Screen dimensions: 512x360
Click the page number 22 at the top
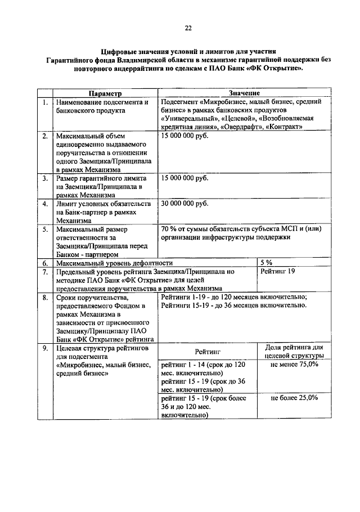(188, 28)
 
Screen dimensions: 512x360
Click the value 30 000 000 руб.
(184, 203)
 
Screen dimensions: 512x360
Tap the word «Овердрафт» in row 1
(245, 127)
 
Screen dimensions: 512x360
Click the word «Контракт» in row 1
(286, 127)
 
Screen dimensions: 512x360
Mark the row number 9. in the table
(44, 349)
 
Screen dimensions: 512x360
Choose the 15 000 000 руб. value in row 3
(184, 178)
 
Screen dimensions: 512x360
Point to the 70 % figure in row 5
(169, 229)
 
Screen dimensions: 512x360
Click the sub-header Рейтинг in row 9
(208, 352)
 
